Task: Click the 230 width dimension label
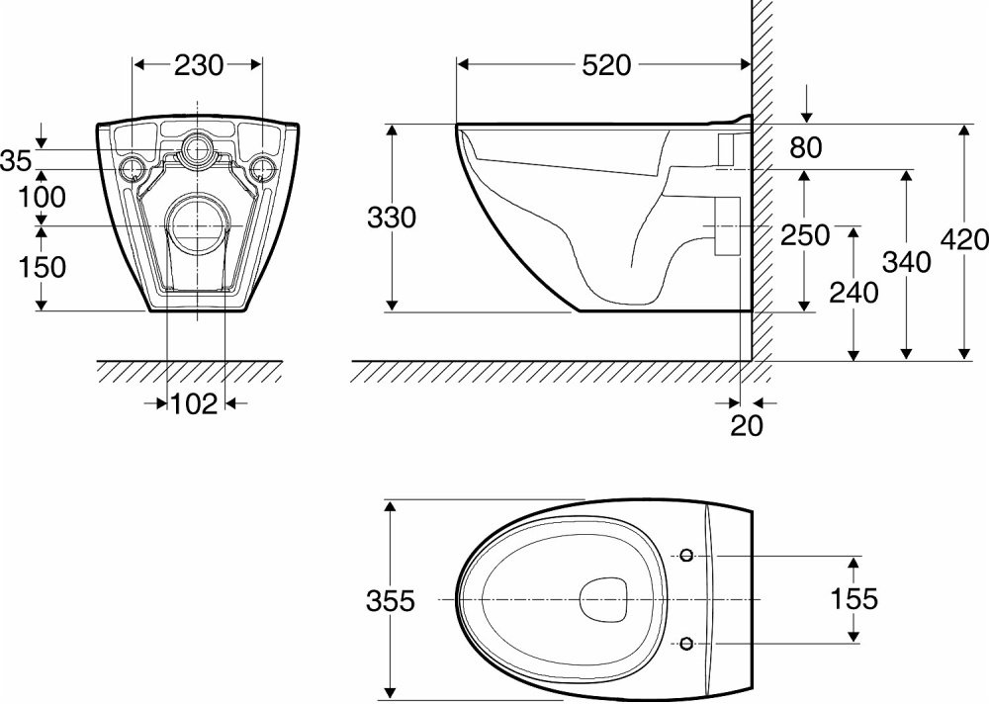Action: tap(199, 65)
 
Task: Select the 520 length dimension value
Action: tap(606, 65)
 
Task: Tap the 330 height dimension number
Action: tap(392, 219)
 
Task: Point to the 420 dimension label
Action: tap(964, 239)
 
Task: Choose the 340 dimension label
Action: tap(906, 261)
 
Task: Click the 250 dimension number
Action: tap(805, 235)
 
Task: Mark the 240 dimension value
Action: tap(854, 293)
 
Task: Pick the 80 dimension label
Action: tap(806, 147)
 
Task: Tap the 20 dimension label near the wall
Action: tap(747, 426)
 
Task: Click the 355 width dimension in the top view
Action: tap(391, 600)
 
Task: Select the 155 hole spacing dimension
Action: tap(854, 598)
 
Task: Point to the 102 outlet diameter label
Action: tap(194, 403)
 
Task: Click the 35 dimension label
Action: tap(16, 161)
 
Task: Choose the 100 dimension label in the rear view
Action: tap(42, 198)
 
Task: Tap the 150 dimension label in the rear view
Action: tap(42, 268)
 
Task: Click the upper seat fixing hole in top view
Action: tap(687, 556)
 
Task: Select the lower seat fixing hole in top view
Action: tap(687, 644)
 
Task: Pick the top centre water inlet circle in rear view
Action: tap(198, 149)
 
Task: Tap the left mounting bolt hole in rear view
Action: tap(133, 169)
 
